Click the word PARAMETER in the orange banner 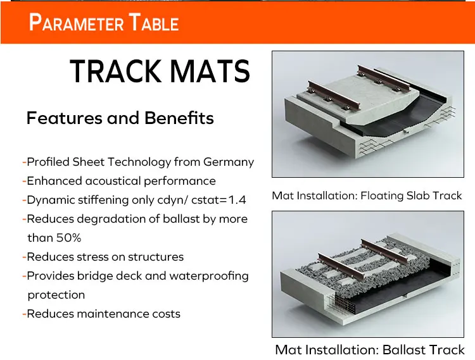coord(75,23)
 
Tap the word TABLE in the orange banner coord(155,23)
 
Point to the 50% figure coord(70,238)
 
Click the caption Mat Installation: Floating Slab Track coord(367,196)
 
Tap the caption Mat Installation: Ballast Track coord(370,349)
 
